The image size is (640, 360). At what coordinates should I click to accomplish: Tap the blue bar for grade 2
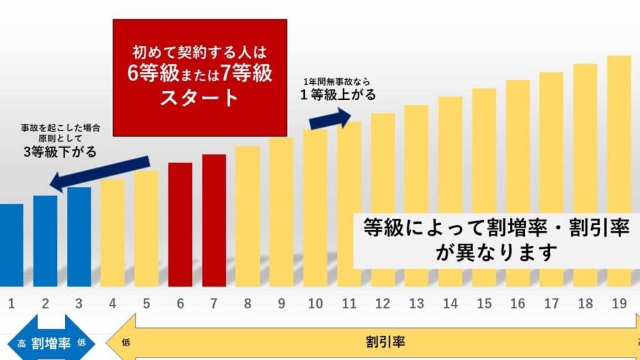pyautogui.click(x=45, y=241)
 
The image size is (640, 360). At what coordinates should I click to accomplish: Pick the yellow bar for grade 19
pyautogui.click(x=619, y=169)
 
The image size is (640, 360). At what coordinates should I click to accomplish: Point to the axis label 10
pyautogui.click(x=315, y=304)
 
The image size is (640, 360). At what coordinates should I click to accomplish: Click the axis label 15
pyautogui.click(x=484, y=304)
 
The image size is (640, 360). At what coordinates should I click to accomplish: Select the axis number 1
pyautogui.click(x=11, y=304)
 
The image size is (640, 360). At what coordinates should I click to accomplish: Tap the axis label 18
pyautogui.click(x=585, y=304)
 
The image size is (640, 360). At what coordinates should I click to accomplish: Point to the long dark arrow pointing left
pyautogui.click(x=100, y=173)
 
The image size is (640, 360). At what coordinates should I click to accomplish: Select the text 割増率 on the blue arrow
pyautogui.click(x=51, y=344)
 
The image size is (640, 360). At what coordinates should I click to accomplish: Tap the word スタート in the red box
pyautogui.click(x=199, y=98)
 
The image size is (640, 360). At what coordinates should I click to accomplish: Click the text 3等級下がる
pyautogui.click(x=60, y=152)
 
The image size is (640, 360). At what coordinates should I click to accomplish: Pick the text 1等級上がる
pyautogui.click(x=338, y=95)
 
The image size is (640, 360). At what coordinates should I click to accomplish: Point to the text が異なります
pyautogui.click(x=497, y=253)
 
